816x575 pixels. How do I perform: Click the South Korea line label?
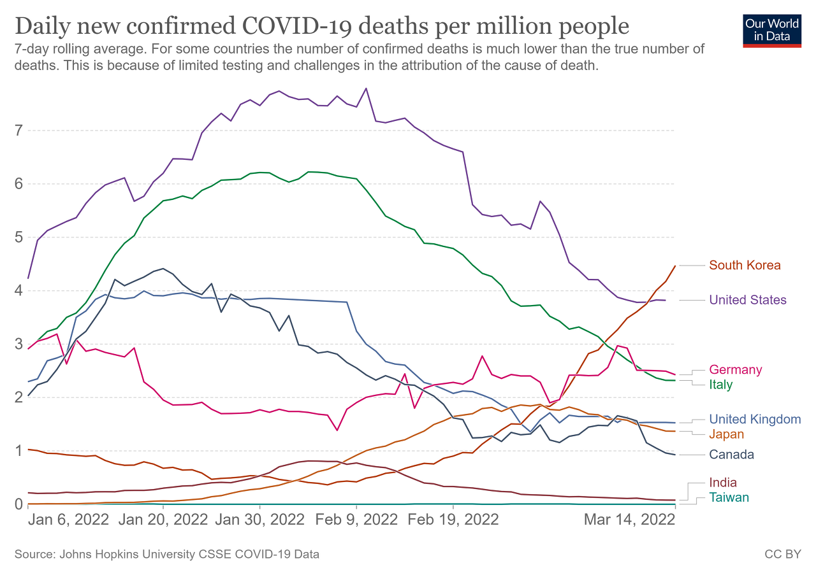pos(745,266)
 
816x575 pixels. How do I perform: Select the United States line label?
pos(748,300)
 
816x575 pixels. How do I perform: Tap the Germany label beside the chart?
pos(735,370)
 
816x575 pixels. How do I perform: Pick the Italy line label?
pos(721,385)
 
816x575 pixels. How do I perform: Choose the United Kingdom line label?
pos(755,419)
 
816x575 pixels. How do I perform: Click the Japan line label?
pos(725,434)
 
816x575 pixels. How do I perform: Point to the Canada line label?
pos(731,455)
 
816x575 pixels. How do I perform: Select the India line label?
pos(723,483)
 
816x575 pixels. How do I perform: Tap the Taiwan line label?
pos(729,497)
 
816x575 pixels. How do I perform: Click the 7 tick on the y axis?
pos(19,131)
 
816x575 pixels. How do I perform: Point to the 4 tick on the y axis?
pos(19,291)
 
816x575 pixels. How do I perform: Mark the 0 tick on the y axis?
pos(19,504)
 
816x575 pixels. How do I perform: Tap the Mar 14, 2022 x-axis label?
pos(630,520)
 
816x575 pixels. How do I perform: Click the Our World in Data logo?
pos(772,30)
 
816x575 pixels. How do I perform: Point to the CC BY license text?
pos(782,555)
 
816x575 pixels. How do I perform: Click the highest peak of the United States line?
pos(366,88)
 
